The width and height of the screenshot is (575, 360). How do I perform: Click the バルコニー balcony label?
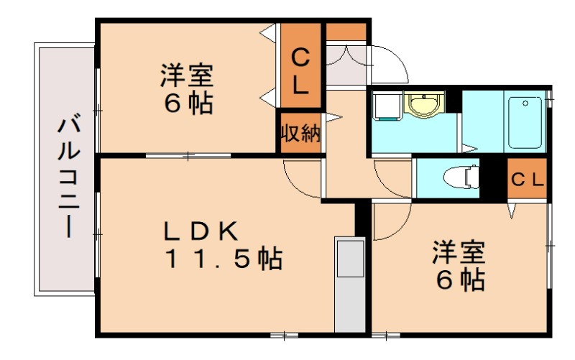click(68, 176)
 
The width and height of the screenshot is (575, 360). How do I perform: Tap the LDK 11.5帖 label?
click(224, 245)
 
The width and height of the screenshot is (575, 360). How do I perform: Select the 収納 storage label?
click(300, 133)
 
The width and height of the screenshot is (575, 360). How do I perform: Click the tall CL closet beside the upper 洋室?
click(300, 65)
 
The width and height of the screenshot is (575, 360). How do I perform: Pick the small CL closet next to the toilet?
click(527, 179)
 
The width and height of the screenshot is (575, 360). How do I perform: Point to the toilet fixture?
click(461, 177)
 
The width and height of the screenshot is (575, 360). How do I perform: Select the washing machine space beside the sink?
click(387, 106)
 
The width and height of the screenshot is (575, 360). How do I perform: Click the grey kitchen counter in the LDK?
click(350, 285)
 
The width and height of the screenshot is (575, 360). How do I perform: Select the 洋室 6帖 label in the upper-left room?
click(187, 88)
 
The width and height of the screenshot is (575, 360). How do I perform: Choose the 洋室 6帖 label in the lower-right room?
click(459, 265)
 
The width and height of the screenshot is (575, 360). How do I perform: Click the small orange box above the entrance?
click(346, 32)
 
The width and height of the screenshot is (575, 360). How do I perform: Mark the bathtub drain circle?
click(525, 103)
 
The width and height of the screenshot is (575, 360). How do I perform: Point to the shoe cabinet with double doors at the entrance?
click(346, 65)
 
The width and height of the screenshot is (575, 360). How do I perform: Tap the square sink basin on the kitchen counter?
click(350, 259)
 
